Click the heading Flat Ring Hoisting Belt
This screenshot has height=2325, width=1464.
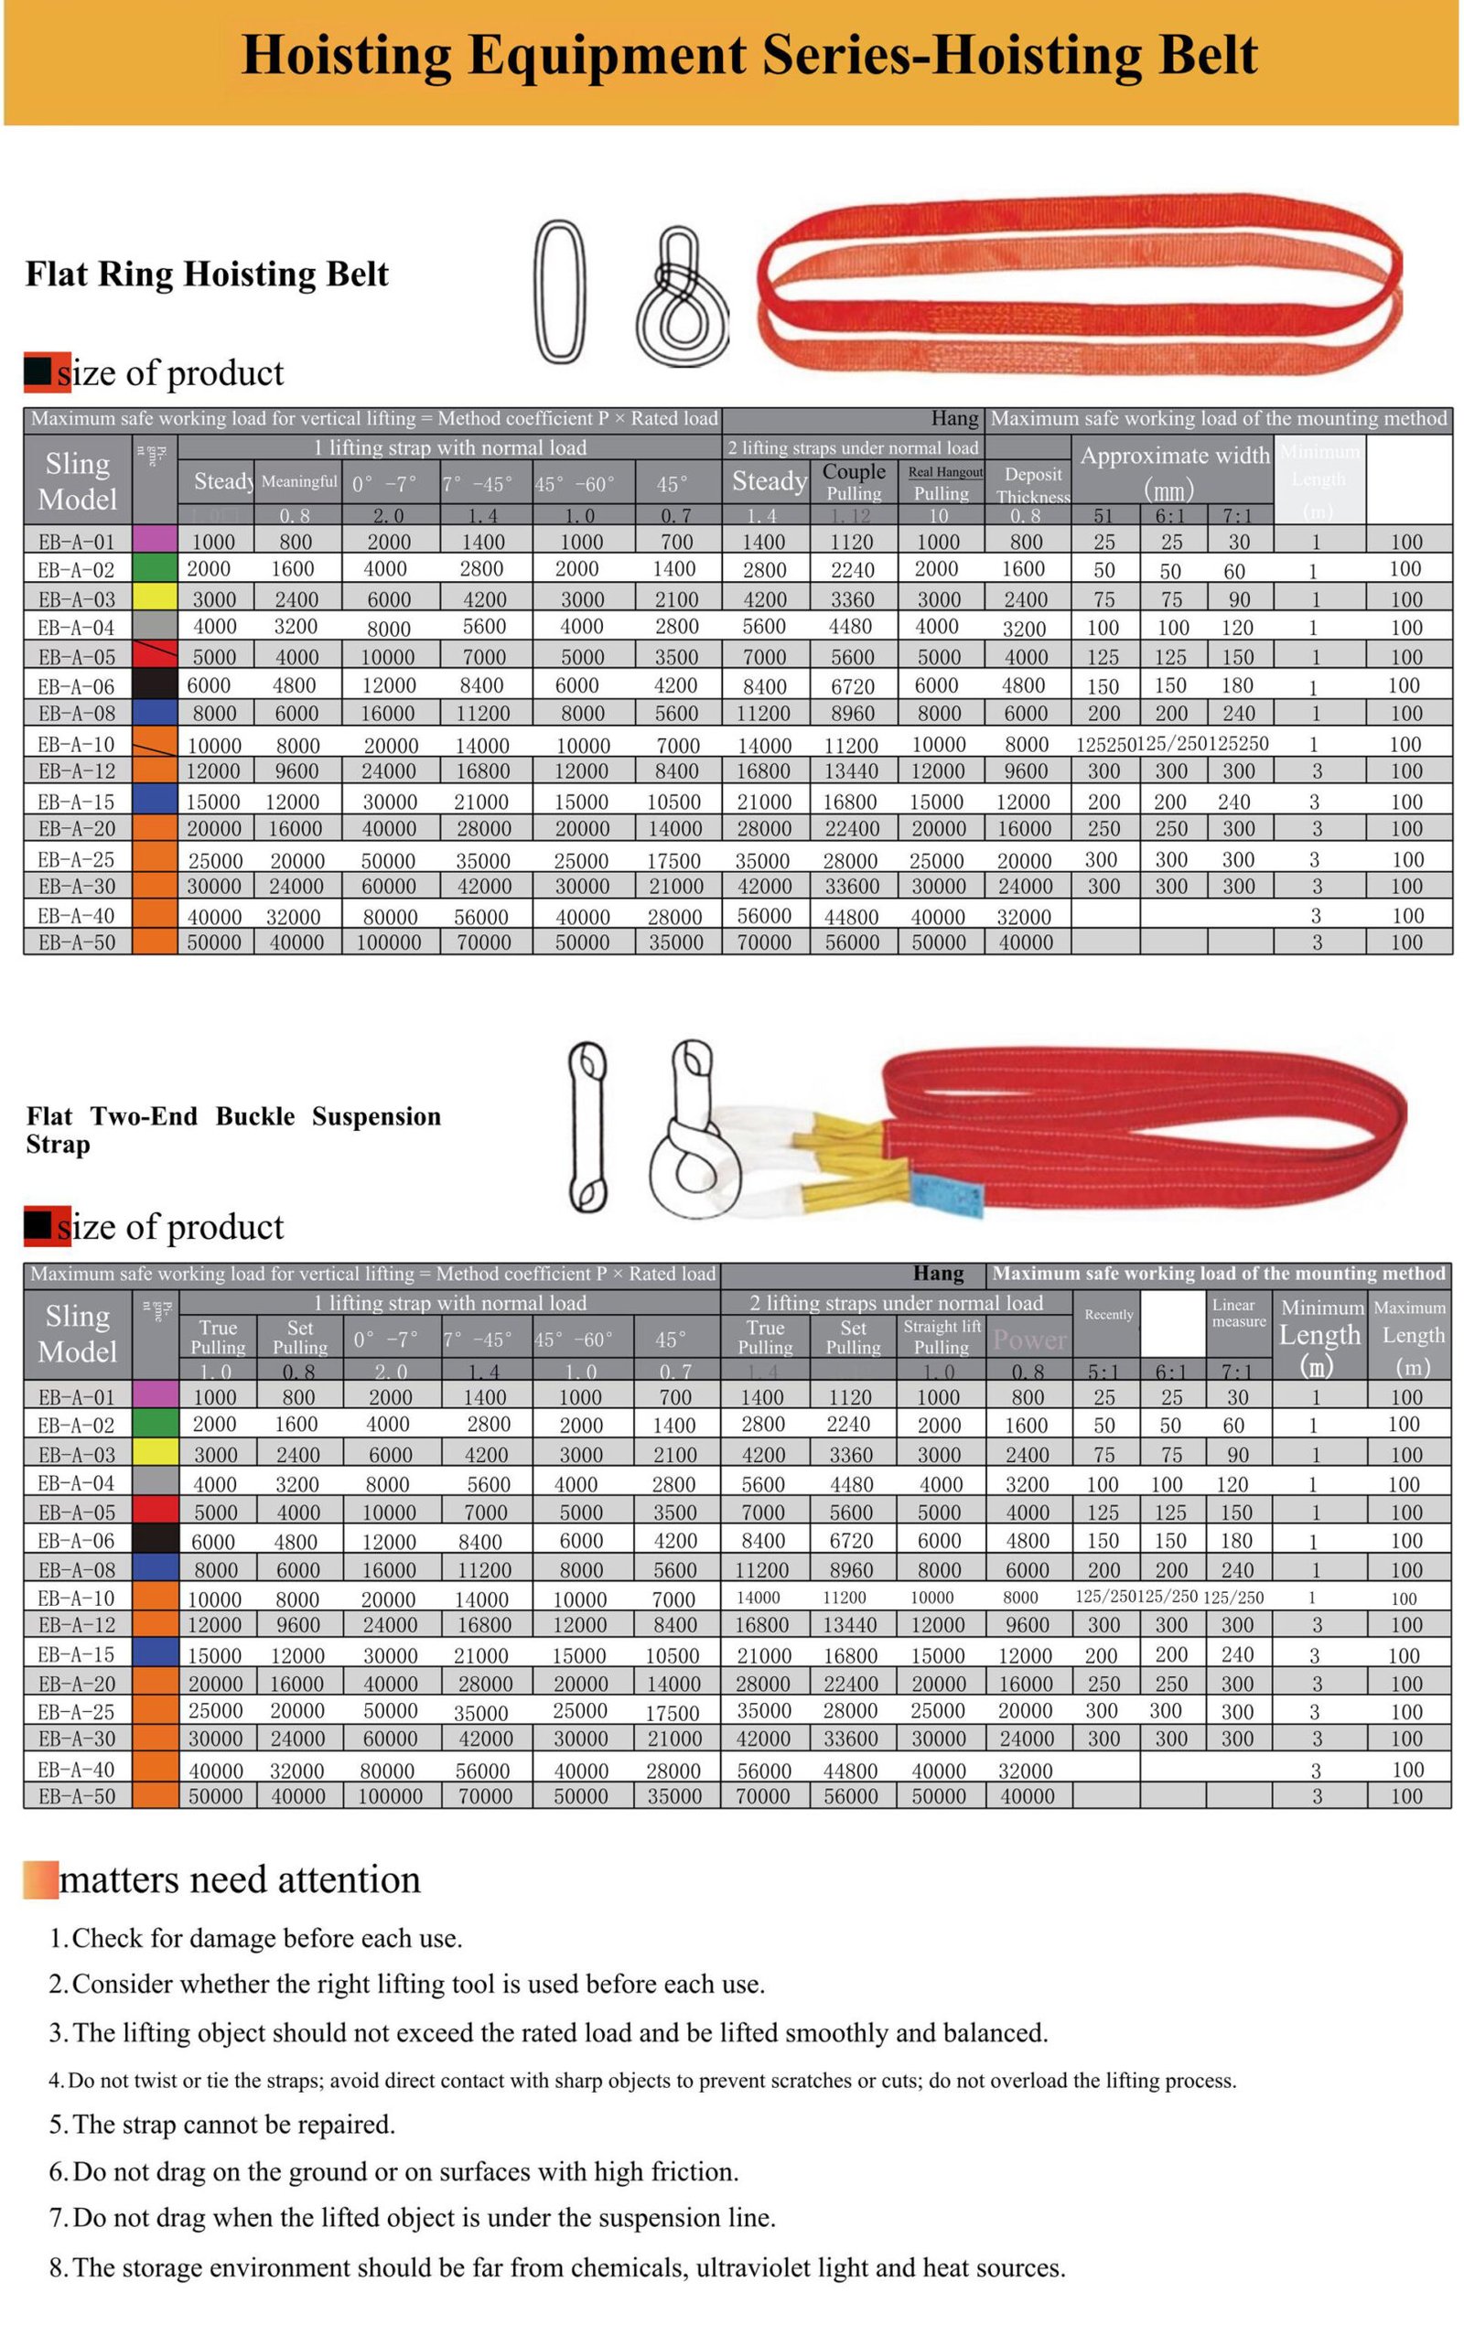[207, 274]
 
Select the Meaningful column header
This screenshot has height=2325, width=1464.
[299, 481]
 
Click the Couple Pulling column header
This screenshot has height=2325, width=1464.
[854, 482]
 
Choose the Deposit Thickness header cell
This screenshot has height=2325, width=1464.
[1032, 485]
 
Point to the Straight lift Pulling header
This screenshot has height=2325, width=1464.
[942, 1336]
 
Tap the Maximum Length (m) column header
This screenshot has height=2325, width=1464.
[1409, 1336]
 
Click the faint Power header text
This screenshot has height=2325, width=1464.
[1029, 1340]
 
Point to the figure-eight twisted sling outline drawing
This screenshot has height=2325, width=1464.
[682, 297]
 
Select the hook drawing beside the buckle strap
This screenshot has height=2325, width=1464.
[686, 1129]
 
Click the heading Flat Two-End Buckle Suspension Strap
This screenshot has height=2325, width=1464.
[232, 1130]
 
